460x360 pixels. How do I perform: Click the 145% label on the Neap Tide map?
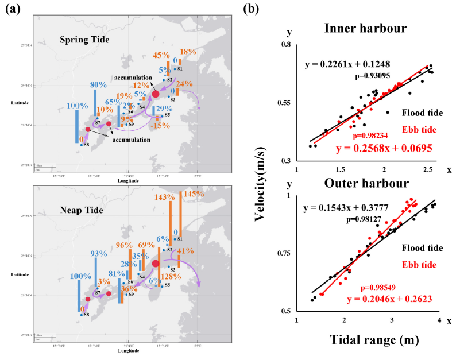(194, 195)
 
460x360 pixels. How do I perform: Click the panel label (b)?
(251, 9)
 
